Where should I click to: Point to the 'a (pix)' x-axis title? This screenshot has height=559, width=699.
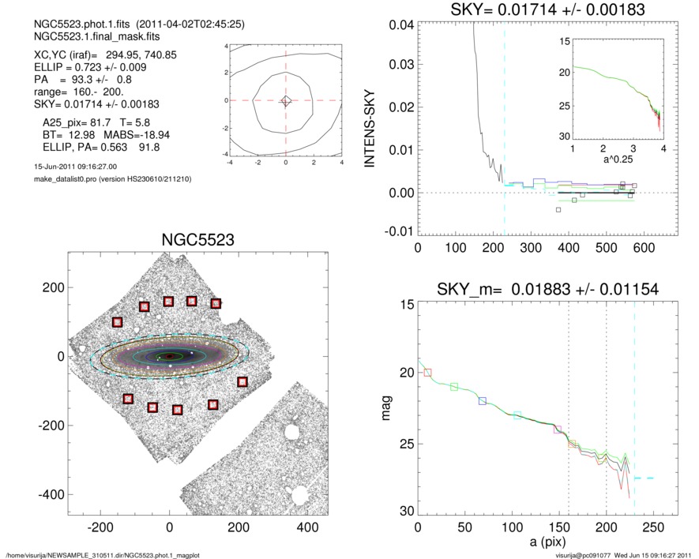[x=545, y=543]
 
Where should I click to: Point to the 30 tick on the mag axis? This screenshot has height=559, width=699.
[x=405, y=512]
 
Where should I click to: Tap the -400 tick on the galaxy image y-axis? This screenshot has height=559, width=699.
[x=51, y=493]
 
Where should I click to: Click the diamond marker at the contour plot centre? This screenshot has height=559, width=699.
[x=286, y=100]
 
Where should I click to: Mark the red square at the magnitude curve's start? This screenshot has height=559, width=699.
[x=428, y=372]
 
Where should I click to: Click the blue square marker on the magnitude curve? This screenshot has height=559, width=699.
[x=483, y=401]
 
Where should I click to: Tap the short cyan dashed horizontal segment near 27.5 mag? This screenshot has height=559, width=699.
[x=645, y=478]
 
